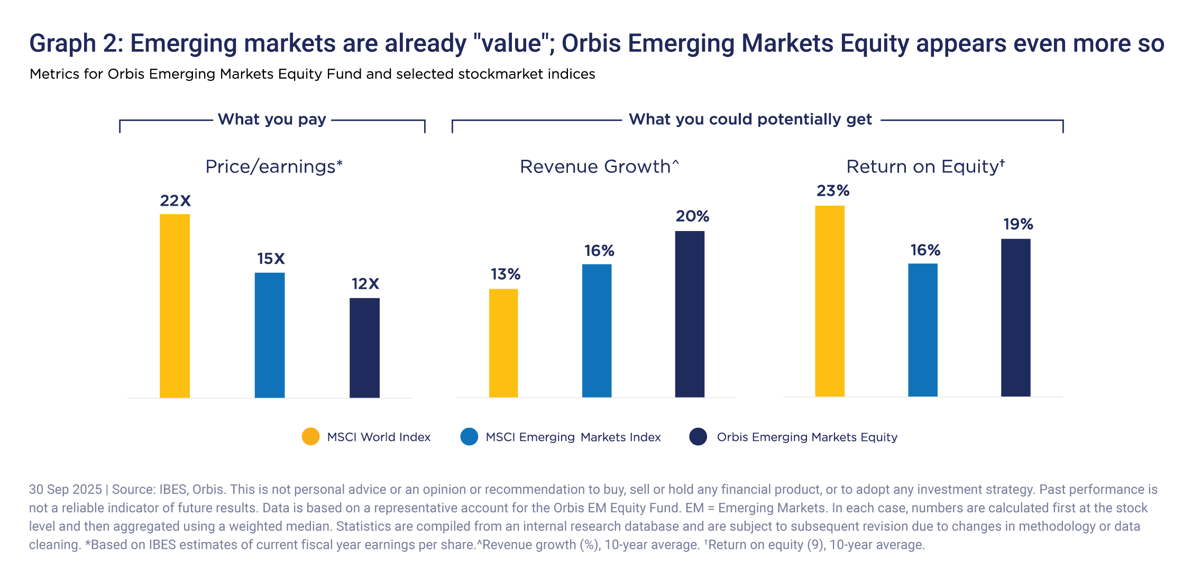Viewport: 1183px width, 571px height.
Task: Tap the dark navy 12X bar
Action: tap(364, 347)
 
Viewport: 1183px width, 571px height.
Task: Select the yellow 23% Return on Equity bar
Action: tap(830, 301)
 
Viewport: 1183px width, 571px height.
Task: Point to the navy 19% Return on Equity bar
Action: tap(1015, 317)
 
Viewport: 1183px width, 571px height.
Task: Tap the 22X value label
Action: tap(175, 201)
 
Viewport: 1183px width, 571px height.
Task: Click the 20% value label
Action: tap(692, 216)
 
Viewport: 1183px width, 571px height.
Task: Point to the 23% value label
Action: tap(832, 191)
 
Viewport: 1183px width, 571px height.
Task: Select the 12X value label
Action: tap(365, 284)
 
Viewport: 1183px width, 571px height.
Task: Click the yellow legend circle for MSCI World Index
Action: tap(310, 437)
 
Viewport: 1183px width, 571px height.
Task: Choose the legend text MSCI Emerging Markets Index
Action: tap(573, 437)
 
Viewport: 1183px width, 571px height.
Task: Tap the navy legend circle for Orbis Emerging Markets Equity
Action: tap(698, 437)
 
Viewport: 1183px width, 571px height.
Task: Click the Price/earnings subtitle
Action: tap(274, 167)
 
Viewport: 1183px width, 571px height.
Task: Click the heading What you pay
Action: tap(272, 119)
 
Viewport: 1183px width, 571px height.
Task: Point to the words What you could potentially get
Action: tap(750, 119)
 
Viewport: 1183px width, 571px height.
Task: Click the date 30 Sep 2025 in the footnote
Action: tap(65, 490)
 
